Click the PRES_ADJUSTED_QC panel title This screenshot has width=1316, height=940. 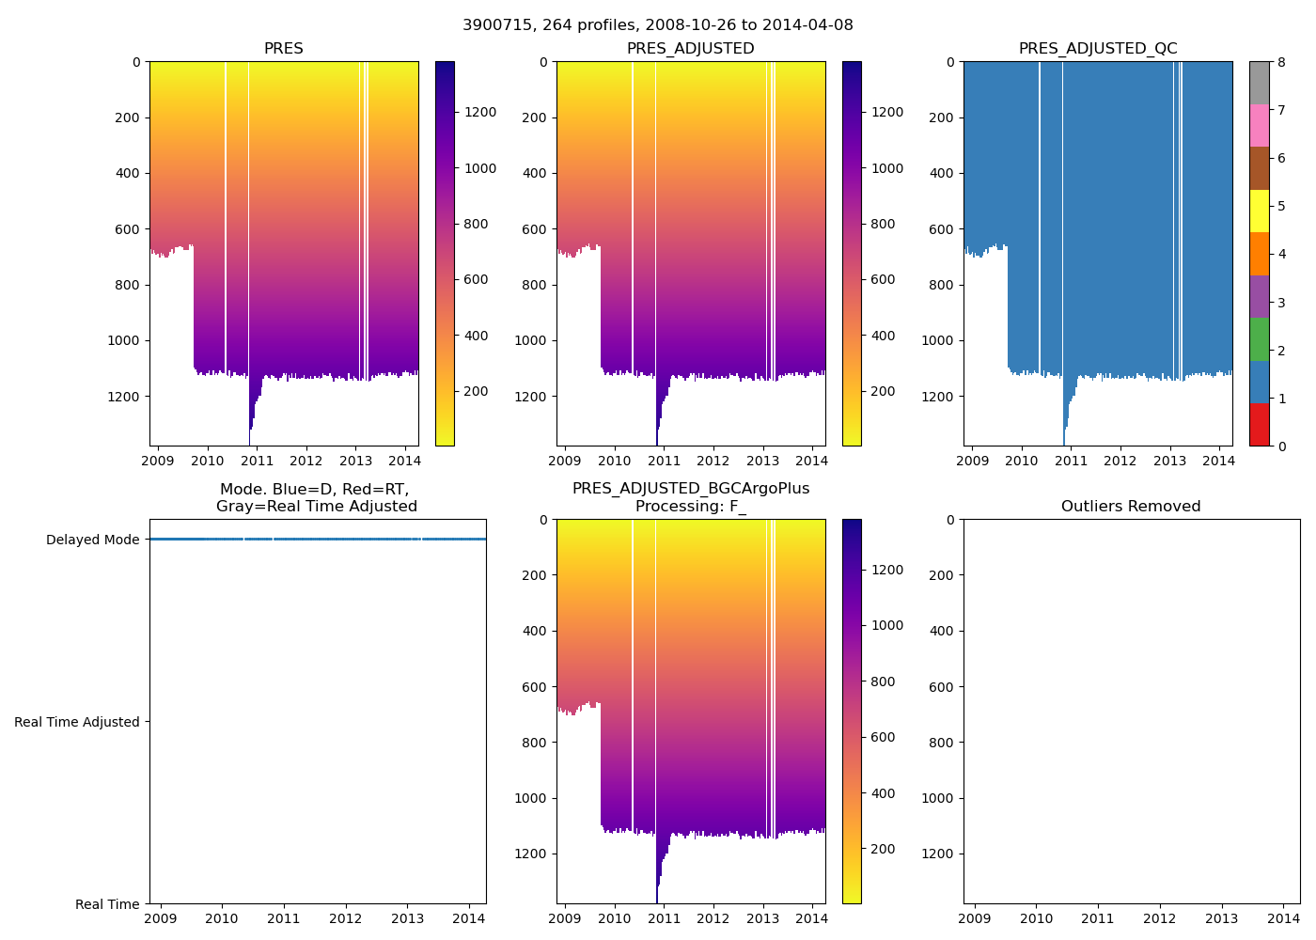[x=1097, y=49]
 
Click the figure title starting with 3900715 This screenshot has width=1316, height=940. [x=657, y=25]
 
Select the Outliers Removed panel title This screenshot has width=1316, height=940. [x=1131, y=507]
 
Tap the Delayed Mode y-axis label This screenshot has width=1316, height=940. [x=92, y=540]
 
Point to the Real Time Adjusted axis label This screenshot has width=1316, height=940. [x=77, y=722]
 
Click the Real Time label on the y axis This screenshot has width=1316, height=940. [x=107, y=904]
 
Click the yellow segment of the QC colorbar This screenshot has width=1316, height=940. [x=1259, y=211]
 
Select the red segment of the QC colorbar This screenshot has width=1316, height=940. [x=1259, y=425]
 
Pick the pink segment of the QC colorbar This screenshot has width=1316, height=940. [x=1259, y=125]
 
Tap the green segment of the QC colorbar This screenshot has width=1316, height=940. [x=1259, y=339]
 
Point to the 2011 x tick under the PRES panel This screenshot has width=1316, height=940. [x=257, y=461]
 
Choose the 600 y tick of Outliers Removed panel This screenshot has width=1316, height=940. [x=943, y=687]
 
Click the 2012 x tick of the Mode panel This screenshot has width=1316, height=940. [x=345, y=918]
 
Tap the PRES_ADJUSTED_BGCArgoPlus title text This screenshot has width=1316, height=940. [x=690, y=489]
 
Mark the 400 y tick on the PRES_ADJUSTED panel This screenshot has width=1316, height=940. [x=536, y=174]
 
